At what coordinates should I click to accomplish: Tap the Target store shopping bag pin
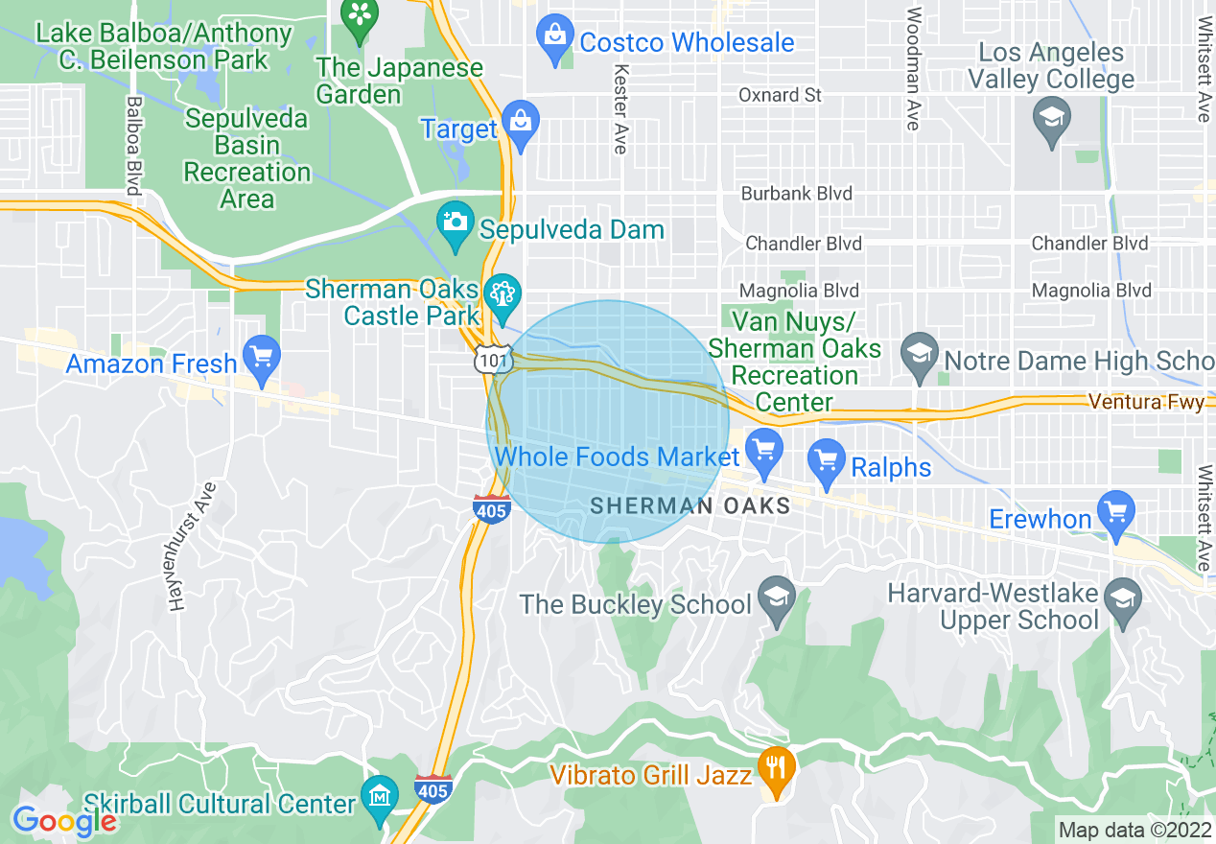point(521,124)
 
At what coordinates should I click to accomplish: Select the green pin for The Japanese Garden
point(361,18)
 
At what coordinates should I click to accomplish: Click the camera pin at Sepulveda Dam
point(455,223)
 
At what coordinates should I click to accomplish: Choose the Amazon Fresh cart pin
point(261,357)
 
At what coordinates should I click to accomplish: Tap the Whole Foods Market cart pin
point(764,452)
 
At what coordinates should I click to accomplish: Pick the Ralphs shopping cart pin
point(826,460)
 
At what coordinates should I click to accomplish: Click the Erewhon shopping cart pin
point(1115,512)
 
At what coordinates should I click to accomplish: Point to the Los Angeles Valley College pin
point(1051,122)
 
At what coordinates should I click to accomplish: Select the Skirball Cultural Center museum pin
point(381,798)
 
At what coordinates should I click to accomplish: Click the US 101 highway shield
point(487,360)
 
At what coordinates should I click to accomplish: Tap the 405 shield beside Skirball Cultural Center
point(433,789)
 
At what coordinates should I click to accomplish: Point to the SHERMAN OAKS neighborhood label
point(690,505)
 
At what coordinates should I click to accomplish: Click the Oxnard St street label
point(780,95)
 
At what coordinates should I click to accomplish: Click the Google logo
point(64,821)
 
